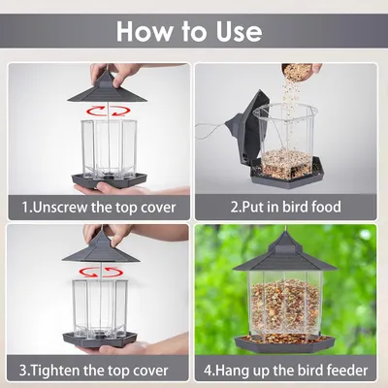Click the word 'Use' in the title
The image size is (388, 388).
[240, 32]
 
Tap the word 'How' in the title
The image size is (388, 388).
[145, 32]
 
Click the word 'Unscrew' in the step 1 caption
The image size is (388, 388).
[60, 208]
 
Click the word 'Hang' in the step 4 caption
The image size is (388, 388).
[234, 371]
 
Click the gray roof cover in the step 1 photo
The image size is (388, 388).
[108, 87]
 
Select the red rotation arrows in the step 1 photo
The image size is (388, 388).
[108, 111]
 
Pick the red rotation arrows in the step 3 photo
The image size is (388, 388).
[101, 272]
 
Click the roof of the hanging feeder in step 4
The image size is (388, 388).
[285, 253]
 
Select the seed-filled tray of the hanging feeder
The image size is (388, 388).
[285, 342]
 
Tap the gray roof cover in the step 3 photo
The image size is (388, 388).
[101, 248]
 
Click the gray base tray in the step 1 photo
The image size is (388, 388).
[109, 179]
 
